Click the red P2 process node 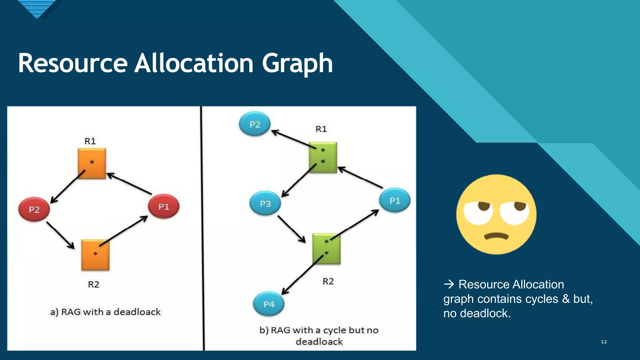coord(34,209)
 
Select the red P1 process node coord(163,207)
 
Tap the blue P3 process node coord(265,204)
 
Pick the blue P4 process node coord(269,304)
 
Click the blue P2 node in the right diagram coord(255,124)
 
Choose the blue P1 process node coord(395,201)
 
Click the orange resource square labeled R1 coord(92,163)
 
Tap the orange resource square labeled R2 coord(95,255)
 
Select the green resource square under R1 coord(323,157)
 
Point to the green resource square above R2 coord(327,249)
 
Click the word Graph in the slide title coord(297,63)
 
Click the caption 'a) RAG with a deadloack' coord(105,312)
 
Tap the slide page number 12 coord(604,342)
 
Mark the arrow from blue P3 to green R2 coord(291,229)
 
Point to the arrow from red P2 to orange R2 coord(60,235)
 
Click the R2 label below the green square coord(328,282)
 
